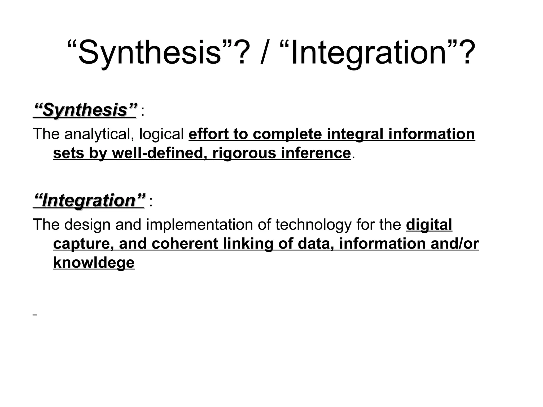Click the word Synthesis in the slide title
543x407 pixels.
tap(150, 52)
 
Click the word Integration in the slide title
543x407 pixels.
tap(369, 52)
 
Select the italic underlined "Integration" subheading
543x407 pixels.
tap(89, 201)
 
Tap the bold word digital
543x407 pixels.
tap(429, 225)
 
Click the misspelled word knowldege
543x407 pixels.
tap(94, 263)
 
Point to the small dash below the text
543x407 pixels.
tap(35, 315)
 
